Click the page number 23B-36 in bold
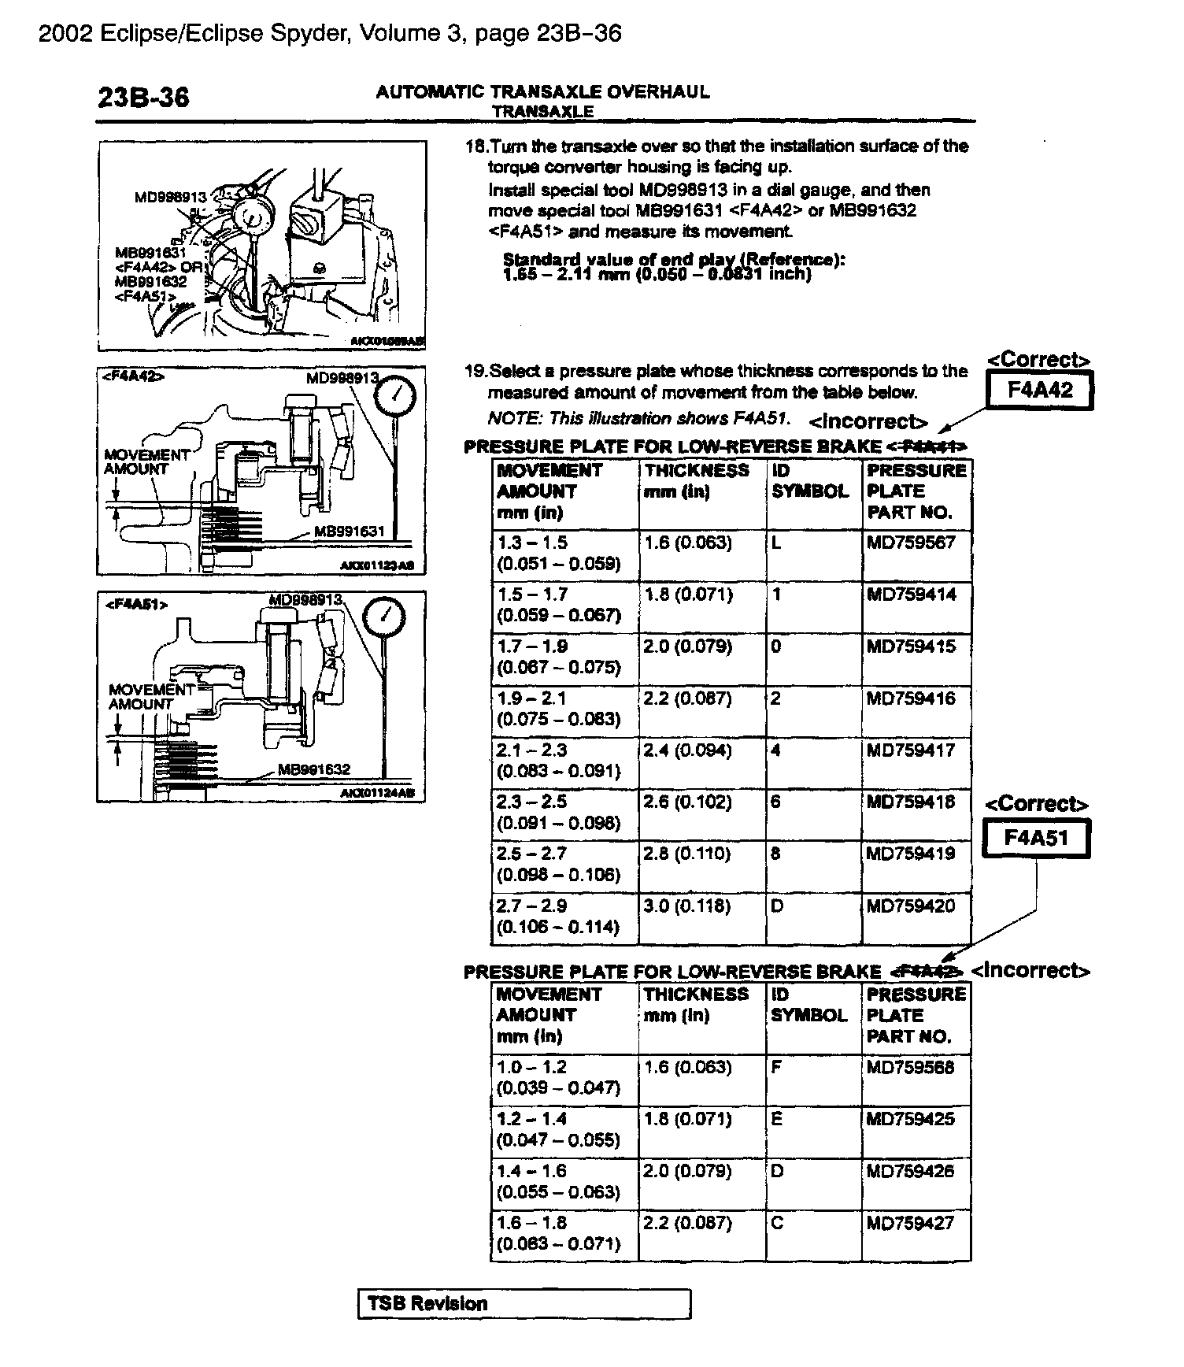(x=143, y=97)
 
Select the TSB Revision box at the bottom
(x=524, y=1304)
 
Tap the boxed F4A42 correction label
(x=1040, y=390)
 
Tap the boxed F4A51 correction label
(x=1036, y=838)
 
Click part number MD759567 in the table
(x=911, y=543)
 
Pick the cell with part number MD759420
(x=911, y=906)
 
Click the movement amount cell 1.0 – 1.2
(x=531, y=1068)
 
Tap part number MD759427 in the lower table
(x=910, y=1224)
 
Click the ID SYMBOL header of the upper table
(x=810, y=481)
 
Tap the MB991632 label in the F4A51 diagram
(x=314, y=769)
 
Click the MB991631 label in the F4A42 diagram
(x=349, y=532)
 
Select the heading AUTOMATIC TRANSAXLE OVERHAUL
(x=542, y=92)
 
